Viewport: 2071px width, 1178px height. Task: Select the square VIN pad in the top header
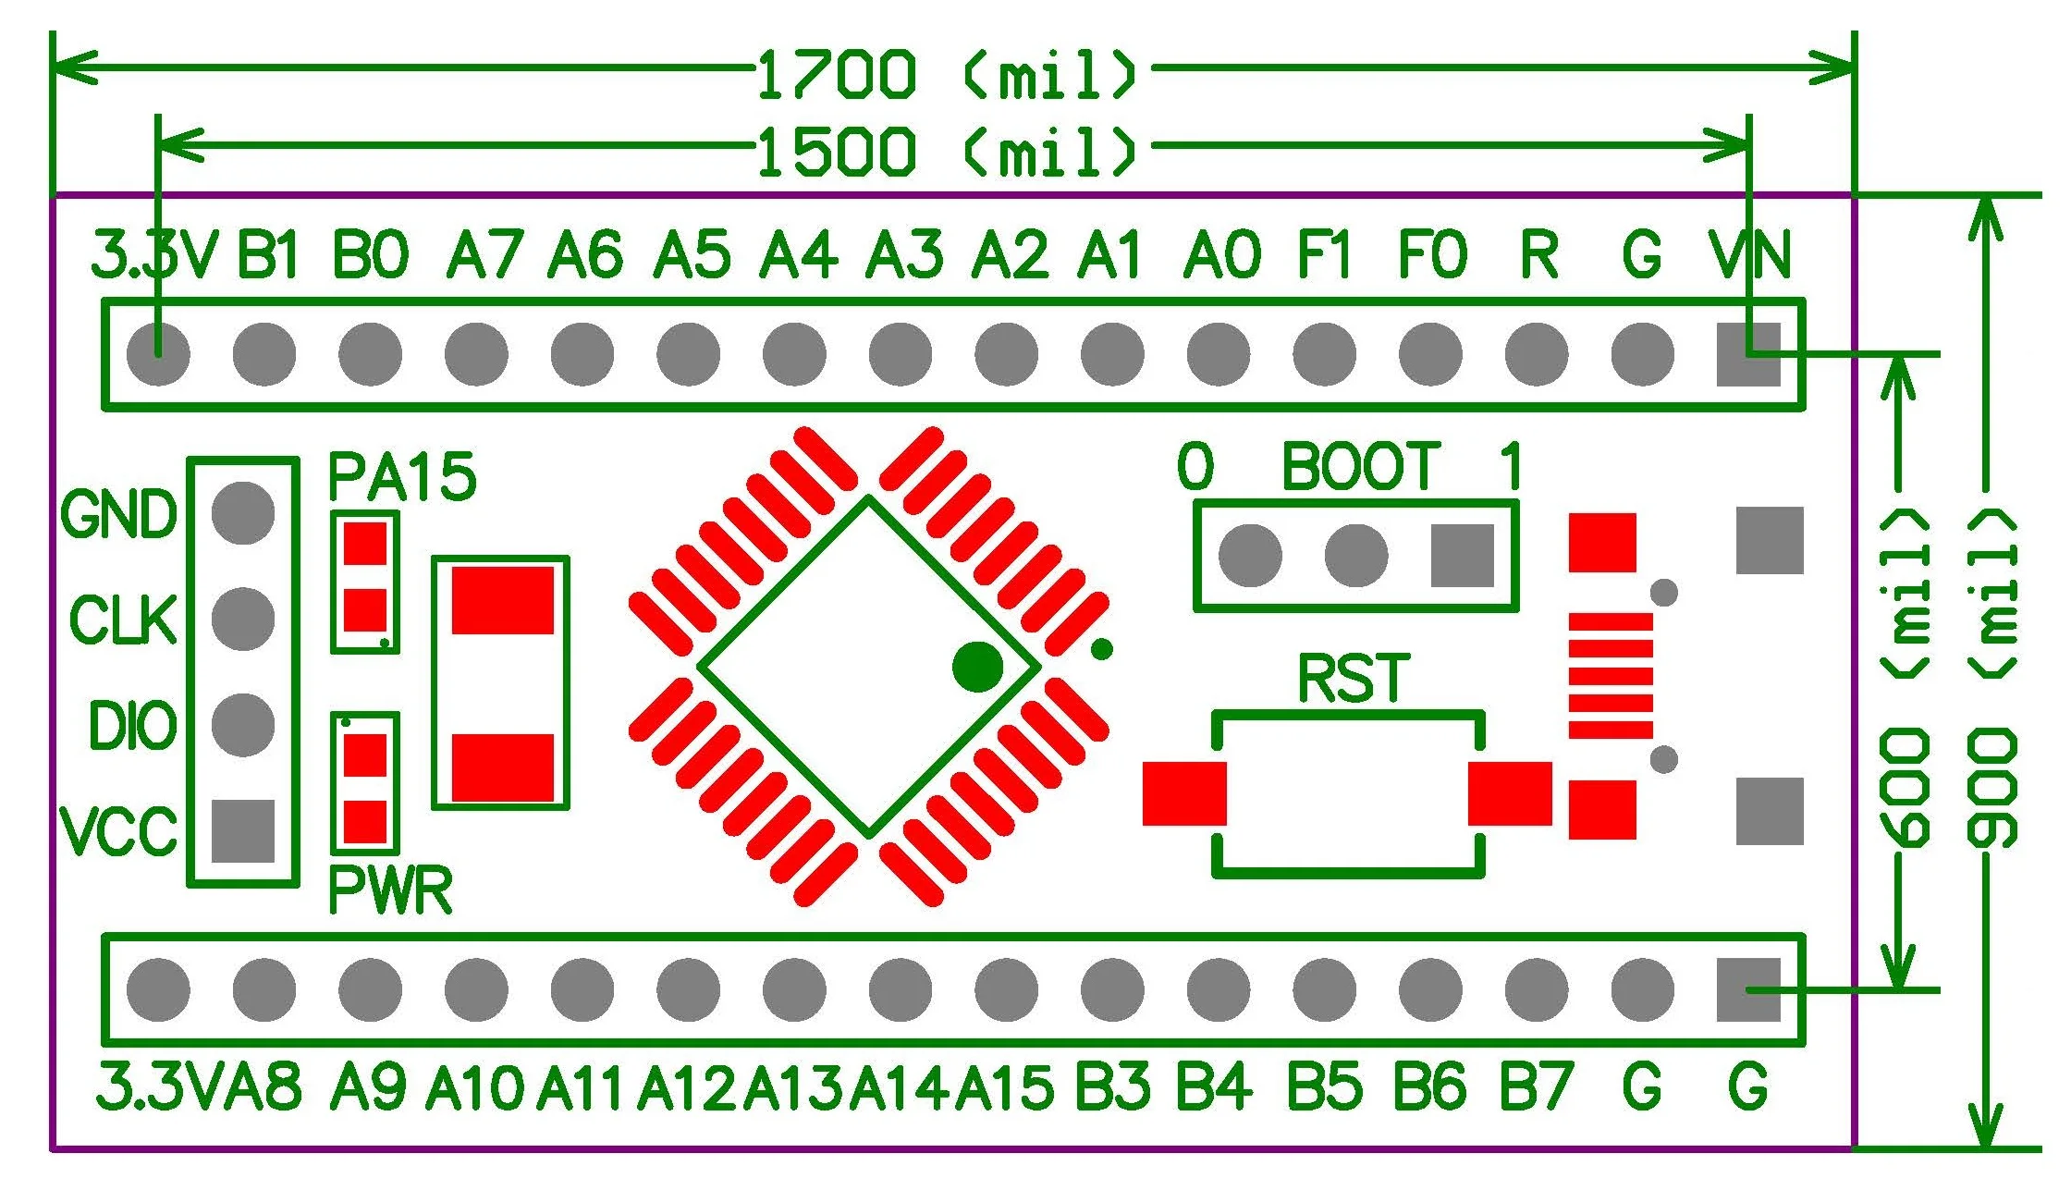point(1747,354)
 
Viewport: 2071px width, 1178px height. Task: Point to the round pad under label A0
point(1219,354)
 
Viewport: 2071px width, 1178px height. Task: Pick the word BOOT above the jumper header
point(1360,467)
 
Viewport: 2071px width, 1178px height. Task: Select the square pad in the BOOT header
point(1462,556)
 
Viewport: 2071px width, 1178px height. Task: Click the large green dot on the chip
point(977,666)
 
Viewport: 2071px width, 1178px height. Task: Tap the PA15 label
point(402,477)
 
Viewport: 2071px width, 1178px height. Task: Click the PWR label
point(390,891)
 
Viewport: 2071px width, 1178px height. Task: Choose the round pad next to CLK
point(242,619)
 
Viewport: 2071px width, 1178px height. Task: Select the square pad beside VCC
point(242,830)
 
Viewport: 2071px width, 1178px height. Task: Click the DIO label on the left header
point(132,725)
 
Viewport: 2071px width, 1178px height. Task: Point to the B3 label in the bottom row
point(1112,1086)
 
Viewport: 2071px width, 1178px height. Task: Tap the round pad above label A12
point(689,989)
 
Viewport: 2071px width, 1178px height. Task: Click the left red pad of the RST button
point(1184,793)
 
